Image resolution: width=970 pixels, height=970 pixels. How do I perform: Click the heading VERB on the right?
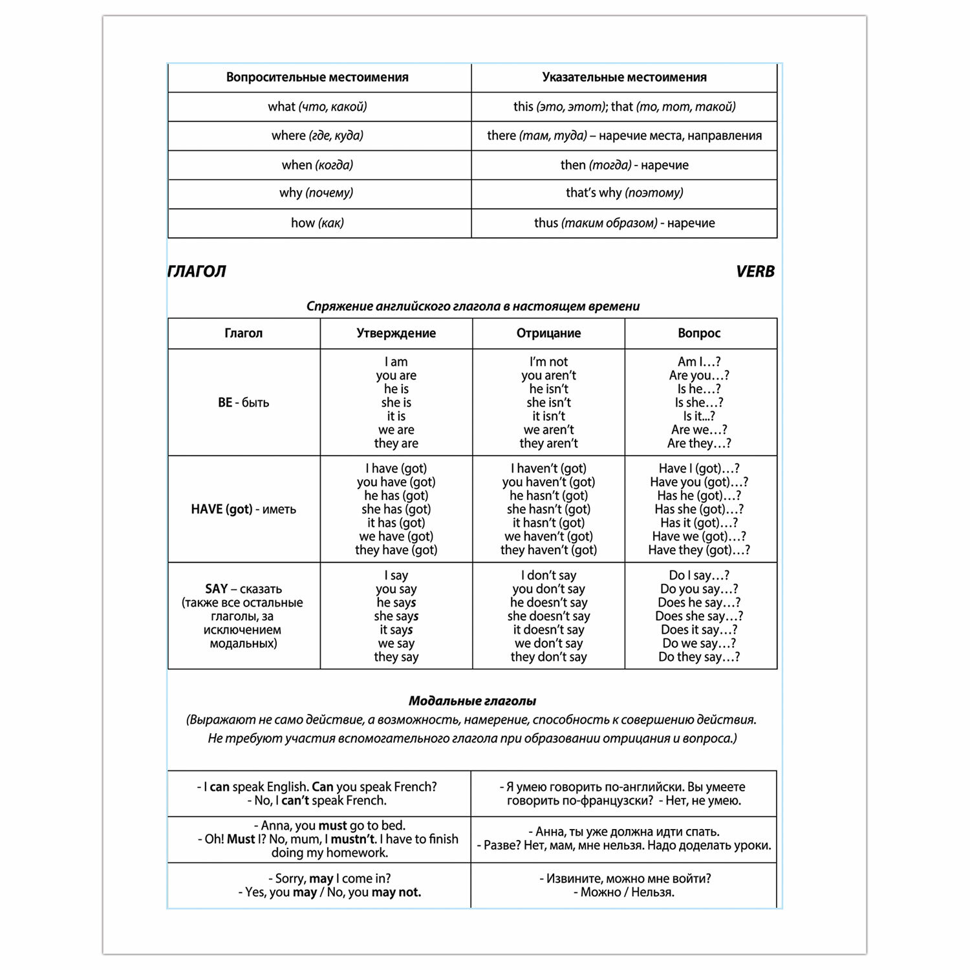click(755, 272)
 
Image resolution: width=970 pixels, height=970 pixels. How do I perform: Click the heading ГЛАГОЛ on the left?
click(197, 272)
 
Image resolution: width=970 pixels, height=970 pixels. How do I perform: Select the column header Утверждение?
click(396, 333)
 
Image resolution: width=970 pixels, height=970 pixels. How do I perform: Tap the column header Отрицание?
click(548, 333)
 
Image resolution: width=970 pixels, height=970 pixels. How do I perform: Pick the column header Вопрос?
click(698, 333)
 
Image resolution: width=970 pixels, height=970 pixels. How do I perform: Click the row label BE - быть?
click(243, 402)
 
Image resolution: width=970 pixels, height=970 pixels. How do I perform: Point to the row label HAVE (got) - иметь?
click(243, 509)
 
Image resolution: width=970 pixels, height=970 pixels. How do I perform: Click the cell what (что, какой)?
click(318, 107)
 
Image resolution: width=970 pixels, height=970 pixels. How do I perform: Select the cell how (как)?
click(318, 223)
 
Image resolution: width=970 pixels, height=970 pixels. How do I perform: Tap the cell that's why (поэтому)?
click(624, 193)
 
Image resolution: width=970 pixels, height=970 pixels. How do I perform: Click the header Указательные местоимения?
click(624, 78)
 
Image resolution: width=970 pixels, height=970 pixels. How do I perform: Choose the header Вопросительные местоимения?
click(318, 78)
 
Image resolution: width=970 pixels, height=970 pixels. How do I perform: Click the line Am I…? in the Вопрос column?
click(698, 362)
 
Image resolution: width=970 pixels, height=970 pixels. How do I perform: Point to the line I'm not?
click(548, 362)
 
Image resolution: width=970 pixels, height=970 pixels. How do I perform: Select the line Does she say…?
click(698, 616)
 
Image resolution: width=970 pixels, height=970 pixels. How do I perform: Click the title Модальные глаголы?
click(472, 701)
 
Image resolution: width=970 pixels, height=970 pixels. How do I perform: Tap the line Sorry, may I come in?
click(329, 878)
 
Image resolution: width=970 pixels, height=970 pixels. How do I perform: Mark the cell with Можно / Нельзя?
click(624, 885)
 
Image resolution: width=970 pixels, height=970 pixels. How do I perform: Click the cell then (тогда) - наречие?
click(624, 165)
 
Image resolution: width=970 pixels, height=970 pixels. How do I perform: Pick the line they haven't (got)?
click(548, 550)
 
